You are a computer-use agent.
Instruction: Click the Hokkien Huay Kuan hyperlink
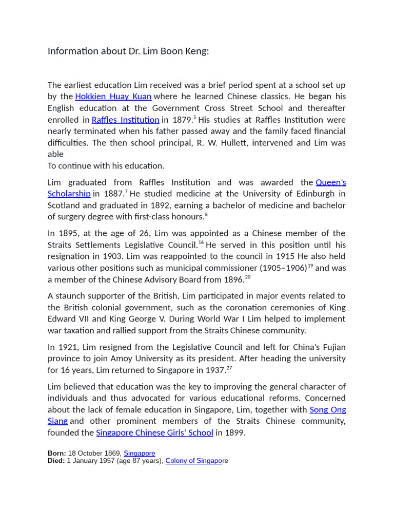pyautogui.click(x=113, y=97)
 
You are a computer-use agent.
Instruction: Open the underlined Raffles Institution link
pyautogui.click(x=125, y=120)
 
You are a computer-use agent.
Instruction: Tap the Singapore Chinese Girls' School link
pyautogui.click(x=154, y=433)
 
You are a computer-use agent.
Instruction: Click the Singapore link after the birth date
pyautogui.click(x=139, y=453)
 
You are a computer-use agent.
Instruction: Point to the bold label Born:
pyautogui.click(x=57, y=453)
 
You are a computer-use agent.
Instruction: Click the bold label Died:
pyautogui.click(x=56, y=461)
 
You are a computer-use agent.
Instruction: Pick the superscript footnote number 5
pyautogui.click(x=195, y=118)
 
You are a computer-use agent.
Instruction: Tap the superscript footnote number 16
pyautogui.click(x=201, y=242)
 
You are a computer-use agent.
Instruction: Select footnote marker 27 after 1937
pyautogui.click(x=229, y=367)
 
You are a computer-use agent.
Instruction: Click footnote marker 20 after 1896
pyautogui.click(x=248, y=277)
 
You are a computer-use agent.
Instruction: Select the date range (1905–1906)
pyautogui.click(x=283, y=268)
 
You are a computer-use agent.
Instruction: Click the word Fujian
pyautogui.click(x=331, y=347)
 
